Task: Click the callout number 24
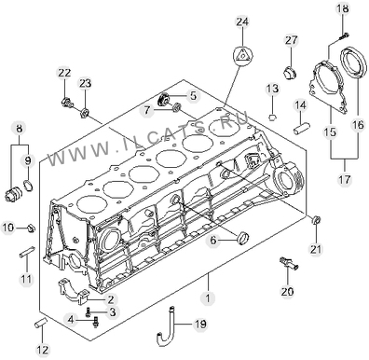[242, 22]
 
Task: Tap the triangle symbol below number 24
[242, 56]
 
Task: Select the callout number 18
[343, 8]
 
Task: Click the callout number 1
[208, 298]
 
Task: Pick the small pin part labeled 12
[40, 322]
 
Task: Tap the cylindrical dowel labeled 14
[302, 128]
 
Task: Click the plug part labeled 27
[291, 73]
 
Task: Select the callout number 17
[345, 179]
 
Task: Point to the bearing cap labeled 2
[74, 291]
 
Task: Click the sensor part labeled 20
[289, 264]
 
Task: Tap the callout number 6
[213, 240]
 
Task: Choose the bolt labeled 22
[66, 102]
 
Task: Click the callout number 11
[26, 279]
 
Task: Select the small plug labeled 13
[272, 118]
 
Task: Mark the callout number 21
[316, 249]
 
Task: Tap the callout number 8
[20, 128]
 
